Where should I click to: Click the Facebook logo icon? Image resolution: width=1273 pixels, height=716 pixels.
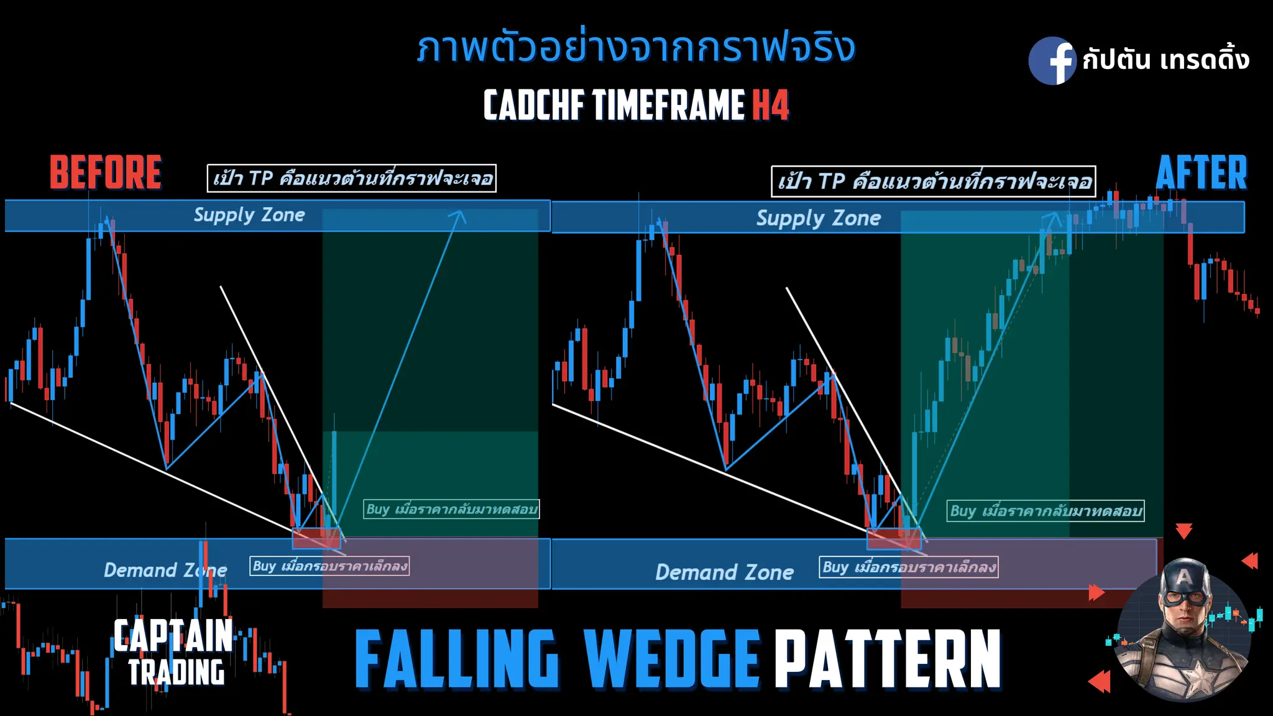pos(1052,60)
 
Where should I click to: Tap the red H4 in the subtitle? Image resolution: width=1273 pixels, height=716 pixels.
pos(771,104)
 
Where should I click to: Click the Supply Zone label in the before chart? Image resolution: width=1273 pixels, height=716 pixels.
pos(249,215)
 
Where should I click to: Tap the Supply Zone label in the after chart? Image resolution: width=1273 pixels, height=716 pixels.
pos(818,218)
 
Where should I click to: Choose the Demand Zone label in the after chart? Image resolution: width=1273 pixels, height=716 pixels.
pos(724,572)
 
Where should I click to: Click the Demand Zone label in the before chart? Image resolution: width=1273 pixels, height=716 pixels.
pos(165,570)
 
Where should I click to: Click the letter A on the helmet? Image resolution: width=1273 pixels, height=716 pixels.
pos(1184,577)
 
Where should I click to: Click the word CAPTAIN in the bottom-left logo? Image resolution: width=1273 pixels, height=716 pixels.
pos(173,635)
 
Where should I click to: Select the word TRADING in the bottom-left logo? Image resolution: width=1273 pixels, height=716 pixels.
pos(177,672)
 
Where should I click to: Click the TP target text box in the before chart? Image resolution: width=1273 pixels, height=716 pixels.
pos(351,178)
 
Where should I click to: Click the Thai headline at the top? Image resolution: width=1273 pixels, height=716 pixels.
pos(636,48)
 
